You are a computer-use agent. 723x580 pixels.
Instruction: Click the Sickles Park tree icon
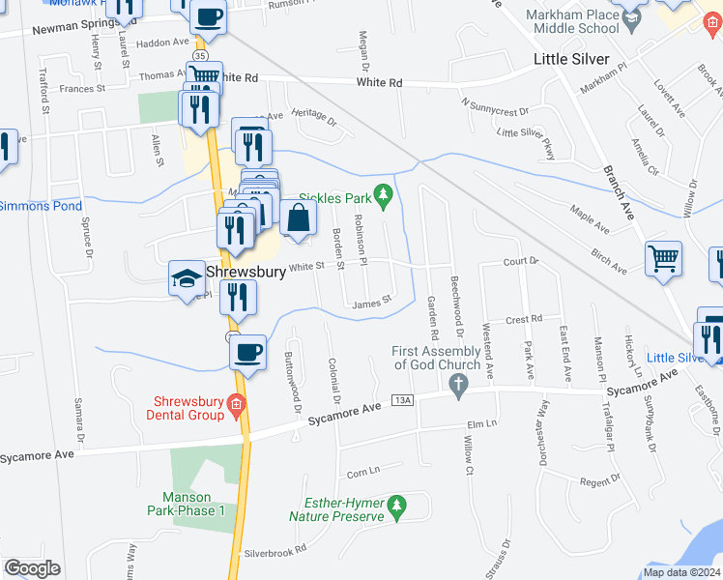[384, 198]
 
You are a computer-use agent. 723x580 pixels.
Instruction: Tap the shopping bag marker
[299, 218]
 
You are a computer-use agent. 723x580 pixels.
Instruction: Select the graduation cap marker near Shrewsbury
[185, 279]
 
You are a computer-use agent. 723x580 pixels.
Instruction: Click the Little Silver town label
[572, 60]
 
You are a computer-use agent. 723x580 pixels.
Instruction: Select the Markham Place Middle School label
[571, 22]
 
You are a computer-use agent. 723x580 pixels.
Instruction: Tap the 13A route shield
[403, 400]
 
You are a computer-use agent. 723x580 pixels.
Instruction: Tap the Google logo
[32, 568]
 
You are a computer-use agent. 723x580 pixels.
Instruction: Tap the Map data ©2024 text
[680, 572]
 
